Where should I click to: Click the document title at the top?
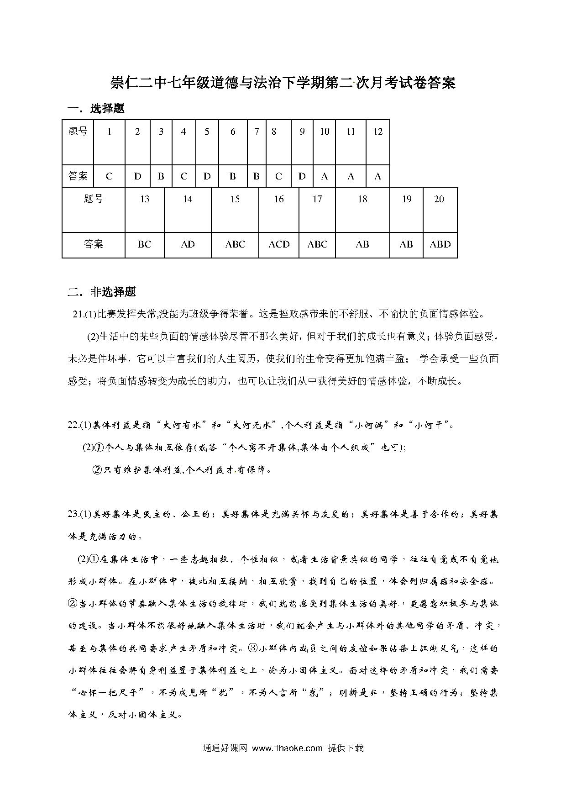[283, 83]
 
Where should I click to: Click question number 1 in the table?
[109, 132]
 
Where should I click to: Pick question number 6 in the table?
[233, 132]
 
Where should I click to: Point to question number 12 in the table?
[377, 132]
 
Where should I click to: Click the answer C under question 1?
[109, 176]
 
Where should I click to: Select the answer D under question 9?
[302, 176]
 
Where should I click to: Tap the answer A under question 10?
[324, 176]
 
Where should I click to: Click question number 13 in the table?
[144, 199]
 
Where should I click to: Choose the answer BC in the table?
[144, 244]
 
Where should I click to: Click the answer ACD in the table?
[279, 244]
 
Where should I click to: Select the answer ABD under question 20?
[440, 244]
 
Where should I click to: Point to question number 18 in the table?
[362, 199]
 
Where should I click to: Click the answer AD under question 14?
[188, 244]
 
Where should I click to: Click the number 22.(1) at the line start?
[79, 425]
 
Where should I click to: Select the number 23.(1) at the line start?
[79, 514]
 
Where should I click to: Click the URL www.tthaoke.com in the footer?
[287, 748]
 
